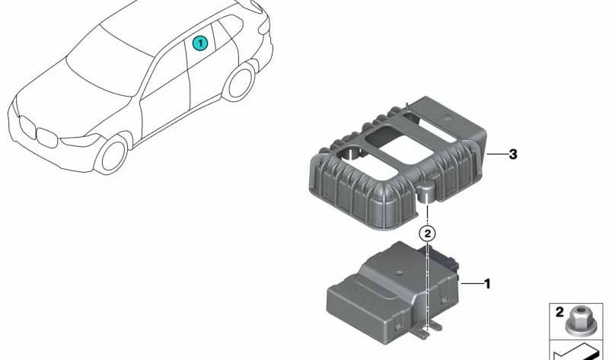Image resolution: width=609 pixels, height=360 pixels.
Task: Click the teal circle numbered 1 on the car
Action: [200, 43]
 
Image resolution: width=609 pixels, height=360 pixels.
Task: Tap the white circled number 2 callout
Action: [427, 234]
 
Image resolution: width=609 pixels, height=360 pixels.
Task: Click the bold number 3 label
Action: [513, 155]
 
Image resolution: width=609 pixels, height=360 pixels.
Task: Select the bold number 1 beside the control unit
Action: [487, 284]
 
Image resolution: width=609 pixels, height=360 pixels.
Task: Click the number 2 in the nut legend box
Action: [560, 312]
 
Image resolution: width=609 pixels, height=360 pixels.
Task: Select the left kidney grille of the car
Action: [27, 127]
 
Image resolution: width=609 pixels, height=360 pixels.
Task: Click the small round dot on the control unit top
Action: [397, 273]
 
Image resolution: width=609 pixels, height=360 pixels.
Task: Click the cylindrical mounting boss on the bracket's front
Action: [427, 193]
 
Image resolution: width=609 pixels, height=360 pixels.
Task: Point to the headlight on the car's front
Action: [81, 140]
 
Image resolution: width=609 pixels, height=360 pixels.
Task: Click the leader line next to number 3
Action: [496, 155]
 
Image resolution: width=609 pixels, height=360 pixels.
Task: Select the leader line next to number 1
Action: [471, 284]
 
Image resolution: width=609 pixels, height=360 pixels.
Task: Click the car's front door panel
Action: [165, 102]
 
